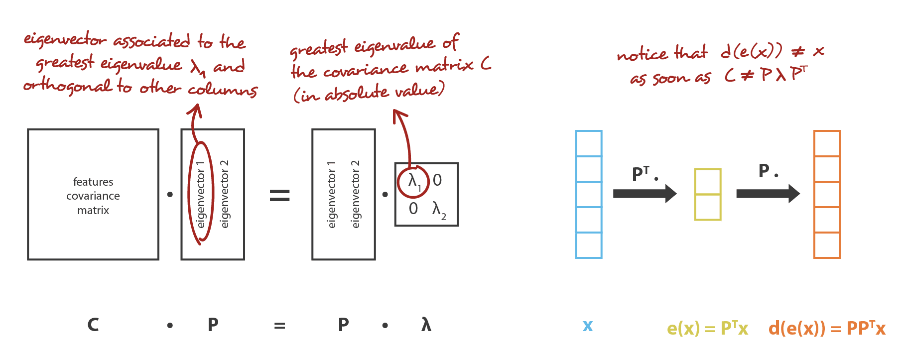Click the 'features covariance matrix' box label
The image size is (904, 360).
point(93,196)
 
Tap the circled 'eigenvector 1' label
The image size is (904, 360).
point(201,194)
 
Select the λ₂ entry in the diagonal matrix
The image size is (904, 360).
point(439,210)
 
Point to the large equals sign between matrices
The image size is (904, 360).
point(279,195)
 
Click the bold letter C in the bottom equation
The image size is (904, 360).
point(93,325)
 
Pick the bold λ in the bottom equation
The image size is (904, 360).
point(426,325)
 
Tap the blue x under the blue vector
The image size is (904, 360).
point(588,326)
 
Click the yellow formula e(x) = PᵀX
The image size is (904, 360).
point(707,328)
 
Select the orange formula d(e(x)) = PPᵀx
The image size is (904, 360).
point(827,328)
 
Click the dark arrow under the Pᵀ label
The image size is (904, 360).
point(645,193)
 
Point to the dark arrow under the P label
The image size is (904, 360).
point(768,193)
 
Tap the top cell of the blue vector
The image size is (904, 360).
point(589,143)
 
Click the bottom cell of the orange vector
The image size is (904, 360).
point(827,245)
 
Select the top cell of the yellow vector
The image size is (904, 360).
point(708,182)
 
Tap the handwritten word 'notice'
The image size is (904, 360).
point(642,54)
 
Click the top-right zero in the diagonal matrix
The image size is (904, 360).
point(437,180)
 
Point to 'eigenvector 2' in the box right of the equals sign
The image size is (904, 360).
point(355,194)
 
